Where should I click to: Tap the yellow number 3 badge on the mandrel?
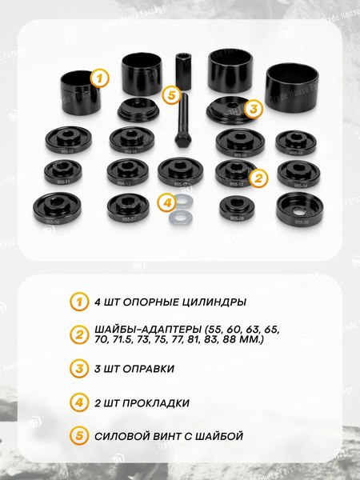pos(253,109)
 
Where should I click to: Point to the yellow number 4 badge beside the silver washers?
pos(166,202)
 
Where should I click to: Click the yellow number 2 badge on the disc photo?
pos(258,178)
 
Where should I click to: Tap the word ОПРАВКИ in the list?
pos(148,370)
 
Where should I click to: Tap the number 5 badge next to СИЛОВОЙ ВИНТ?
pos(78,437)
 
